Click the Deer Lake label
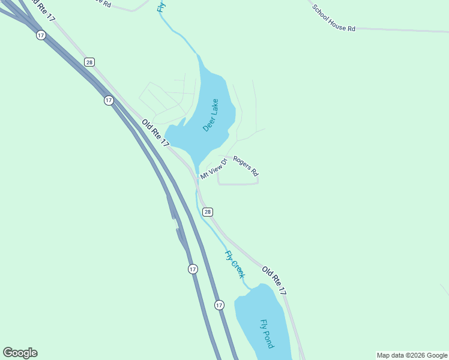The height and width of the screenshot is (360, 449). (x=211, y=115)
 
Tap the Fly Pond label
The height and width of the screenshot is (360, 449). (x=267, y=334)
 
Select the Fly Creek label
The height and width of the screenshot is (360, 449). (x=235, y=264)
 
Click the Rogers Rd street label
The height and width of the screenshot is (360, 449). (x=246, y=166)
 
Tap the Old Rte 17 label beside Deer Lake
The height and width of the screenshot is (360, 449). (x=156, y=133)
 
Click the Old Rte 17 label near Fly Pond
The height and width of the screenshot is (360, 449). (x=274, y=281)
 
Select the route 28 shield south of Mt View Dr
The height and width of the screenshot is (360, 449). (x=207, y=212)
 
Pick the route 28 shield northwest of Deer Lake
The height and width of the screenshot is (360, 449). (x=89, y=62)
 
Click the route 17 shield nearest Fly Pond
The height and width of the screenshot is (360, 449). (x=219, y=305)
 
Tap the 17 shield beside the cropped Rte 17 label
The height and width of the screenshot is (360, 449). (x=40, y=35)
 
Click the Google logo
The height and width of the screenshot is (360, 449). (x=20, y=353)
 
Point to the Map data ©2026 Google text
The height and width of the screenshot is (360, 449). (x=412, y=355)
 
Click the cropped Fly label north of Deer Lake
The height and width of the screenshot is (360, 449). (x=161, y=6)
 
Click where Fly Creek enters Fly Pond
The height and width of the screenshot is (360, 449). (x=251, y=289)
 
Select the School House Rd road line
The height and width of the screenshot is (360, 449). (x=396, y=29)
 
